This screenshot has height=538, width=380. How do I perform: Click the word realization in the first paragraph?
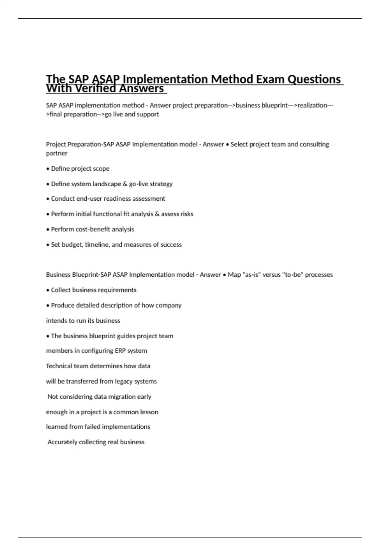click(312, 105)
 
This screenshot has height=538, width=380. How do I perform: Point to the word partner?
click(57, 153)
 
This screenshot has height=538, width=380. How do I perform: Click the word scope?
click(101, 169)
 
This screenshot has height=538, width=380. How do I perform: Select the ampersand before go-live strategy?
click(125, 184)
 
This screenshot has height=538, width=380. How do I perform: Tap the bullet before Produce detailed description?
click(48, 305)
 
